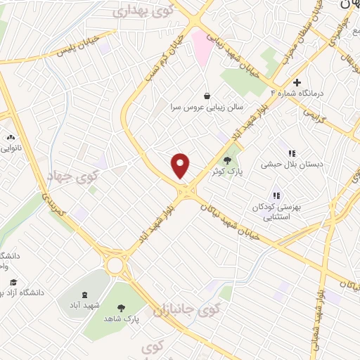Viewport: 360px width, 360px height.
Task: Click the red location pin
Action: point(181,165)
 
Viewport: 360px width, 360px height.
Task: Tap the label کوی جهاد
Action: point(70,176)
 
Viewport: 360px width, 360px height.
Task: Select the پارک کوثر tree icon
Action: point(226,160)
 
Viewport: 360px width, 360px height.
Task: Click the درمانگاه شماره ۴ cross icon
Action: point(297,82)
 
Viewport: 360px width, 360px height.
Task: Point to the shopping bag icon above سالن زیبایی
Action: point(207,96)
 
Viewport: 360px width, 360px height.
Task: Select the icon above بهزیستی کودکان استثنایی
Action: point(276,195)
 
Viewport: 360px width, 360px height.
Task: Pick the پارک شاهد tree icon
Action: point(121,307)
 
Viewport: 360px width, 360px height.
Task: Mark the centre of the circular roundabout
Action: point(114,265)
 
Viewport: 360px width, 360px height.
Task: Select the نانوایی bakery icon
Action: point(10,137)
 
